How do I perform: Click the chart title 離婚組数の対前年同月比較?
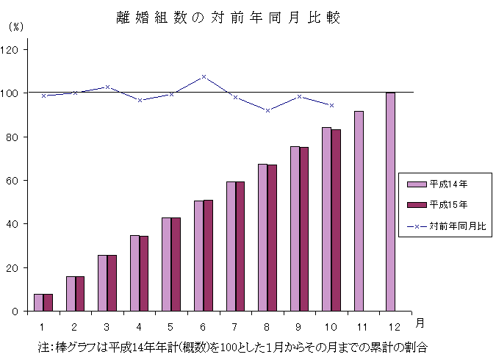(228, 17)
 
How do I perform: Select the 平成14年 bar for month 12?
(390, 202)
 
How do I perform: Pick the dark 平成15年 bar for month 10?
(336, 220)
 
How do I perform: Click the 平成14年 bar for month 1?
(38, 303)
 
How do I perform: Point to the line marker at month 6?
(204, 76)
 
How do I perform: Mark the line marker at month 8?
(267, 110)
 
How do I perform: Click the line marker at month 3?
(107, 87)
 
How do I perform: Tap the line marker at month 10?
(331, 105)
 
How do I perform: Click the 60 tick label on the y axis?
(15, 181)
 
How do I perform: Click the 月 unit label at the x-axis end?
(419, 323)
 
